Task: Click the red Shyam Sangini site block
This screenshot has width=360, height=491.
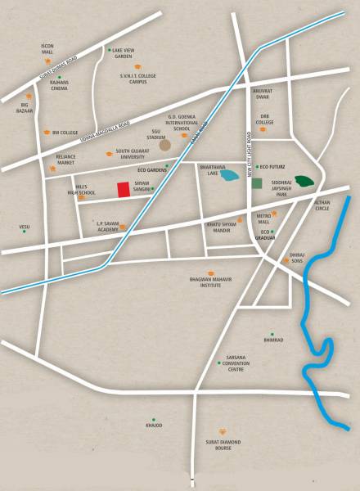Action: pyautogui.click(x=123, y=189)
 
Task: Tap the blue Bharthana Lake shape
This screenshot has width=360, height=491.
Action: pyautogui.click(x=232, y=176)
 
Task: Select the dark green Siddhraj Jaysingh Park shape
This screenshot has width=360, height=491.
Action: pyautogui.click(x=306, y=181)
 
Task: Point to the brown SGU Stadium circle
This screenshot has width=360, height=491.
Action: pyautogui.click(x=165, y=145)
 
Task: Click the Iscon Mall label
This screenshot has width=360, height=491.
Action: pyautogui.click(x=47, y=48)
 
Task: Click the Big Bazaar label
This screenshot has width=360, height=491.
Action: pyautogui.click(x=25, y=107)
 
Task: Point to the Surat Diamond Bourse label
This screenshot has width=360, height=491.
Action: pyautogui.click(x=223, y=444)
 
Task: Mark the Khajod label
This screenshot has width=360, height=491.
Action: pyautogui.click(x=154, y=426)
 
